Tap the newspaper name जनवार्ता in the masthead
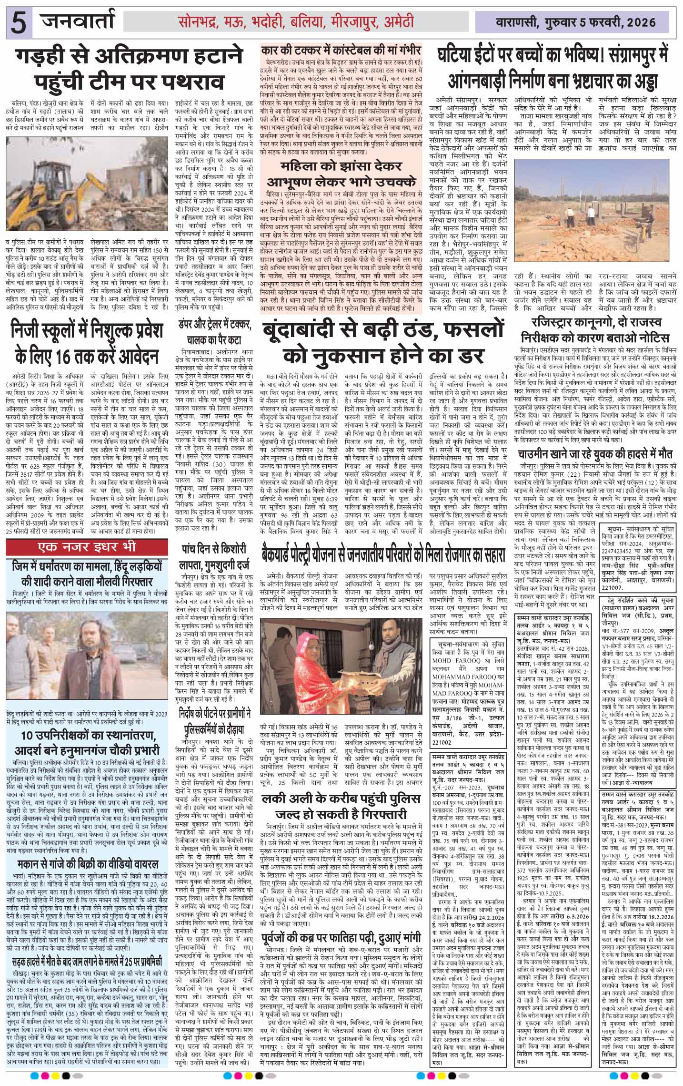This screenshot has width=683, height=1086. click(x=78, y=21)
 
